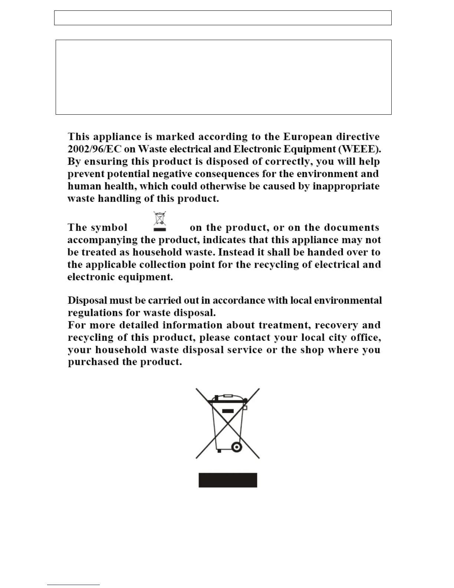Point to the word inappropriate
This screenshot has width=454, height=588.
(x=346, y=186)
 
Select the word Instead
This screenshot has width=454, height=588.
(x=236, y=252)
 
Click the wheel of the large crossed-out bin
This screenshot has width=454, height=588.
(x=236, y=447)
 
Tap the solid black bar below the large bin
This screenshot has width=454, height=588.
(x=228, y=480)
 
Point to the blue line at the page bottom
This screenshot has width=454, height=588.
(x=73, y=585)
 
